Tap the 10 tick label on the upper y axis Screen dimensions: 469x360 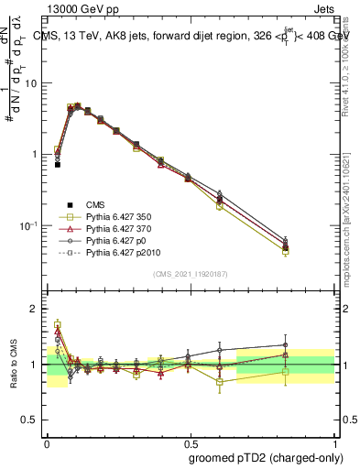point(34,83)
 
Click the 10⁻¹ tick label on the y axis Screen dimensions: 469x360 point(31,225)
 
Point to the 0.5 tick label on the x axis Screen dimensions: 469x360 point(190,441)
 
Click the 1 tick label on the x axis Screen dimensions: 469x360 point(333,441)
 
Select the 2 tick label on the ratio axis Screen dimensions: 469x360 point(38,310)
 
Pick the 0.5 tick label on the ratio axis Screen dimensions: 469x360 point(34,420)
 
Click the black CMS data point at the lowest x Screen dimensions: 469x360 point(58,165)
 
